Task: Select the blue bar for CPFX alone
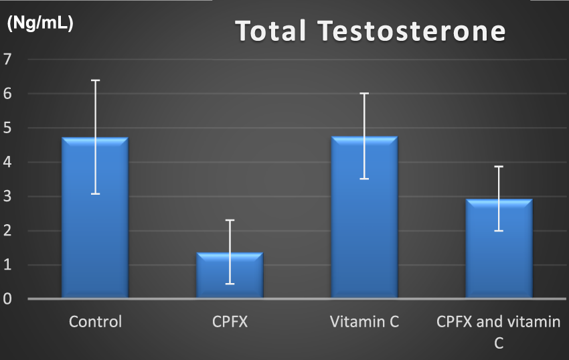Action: tap(230, 278)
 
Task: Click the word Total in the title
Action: tap(270, 31)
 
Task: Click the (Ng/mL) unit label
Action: tap(39, 23)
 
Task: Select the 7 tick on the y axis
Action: tap(8, 59)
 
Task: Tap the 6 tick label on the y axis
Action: tap(8, 94)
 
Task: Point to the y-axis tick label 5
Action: tap(8, 128)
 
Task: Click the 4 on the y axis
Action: tap(8, 162)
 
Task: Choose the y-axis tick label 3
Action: tap(8, 197)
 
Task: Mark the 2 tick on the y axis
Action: tap(8, 231)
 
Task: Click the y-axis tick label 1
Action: tap(8, 265)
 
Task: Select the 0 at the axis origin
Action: tap(8, 298)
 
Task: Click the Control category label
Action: tap(96, 322)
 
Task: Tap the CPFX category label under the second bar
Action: tap(230, 322)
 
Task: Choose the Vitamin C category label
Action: tap(365, 322)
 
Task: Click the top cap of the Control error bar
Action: tap(96, 80)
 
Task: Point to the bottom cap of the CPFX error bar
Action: tap(230, 284)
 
